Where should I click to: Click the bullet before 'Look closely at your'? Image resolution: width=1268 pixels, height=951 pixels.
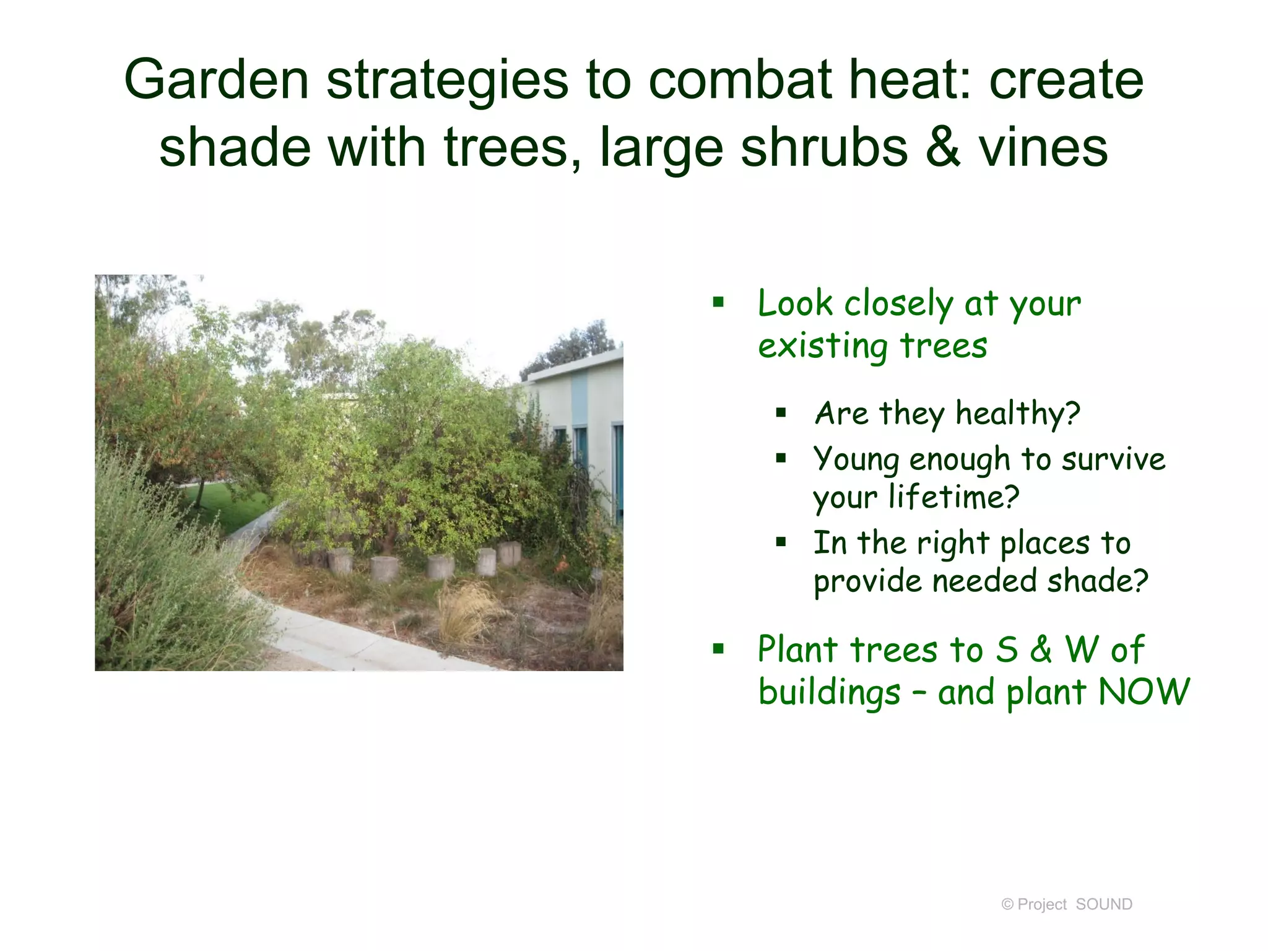coord(718,303)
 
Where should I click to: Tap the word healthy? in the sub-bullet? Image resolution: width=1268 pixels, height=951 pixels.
coord(1018,414)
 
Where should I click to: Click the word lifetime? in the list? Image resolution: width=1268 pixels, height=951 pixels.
coord(953,497)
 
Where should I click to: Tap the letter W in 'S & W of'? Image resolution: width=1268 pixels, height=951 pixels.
coord(1082,649)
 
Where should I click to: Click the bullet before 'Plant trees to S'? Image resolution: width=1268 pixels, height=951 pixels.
coord(718,649)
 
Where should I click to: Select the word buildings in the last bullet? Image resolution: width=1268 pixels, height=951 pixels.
coord(829,692)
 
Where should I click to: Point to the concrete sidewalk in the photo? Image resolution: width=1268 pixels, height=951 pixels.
coord(347,644)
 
